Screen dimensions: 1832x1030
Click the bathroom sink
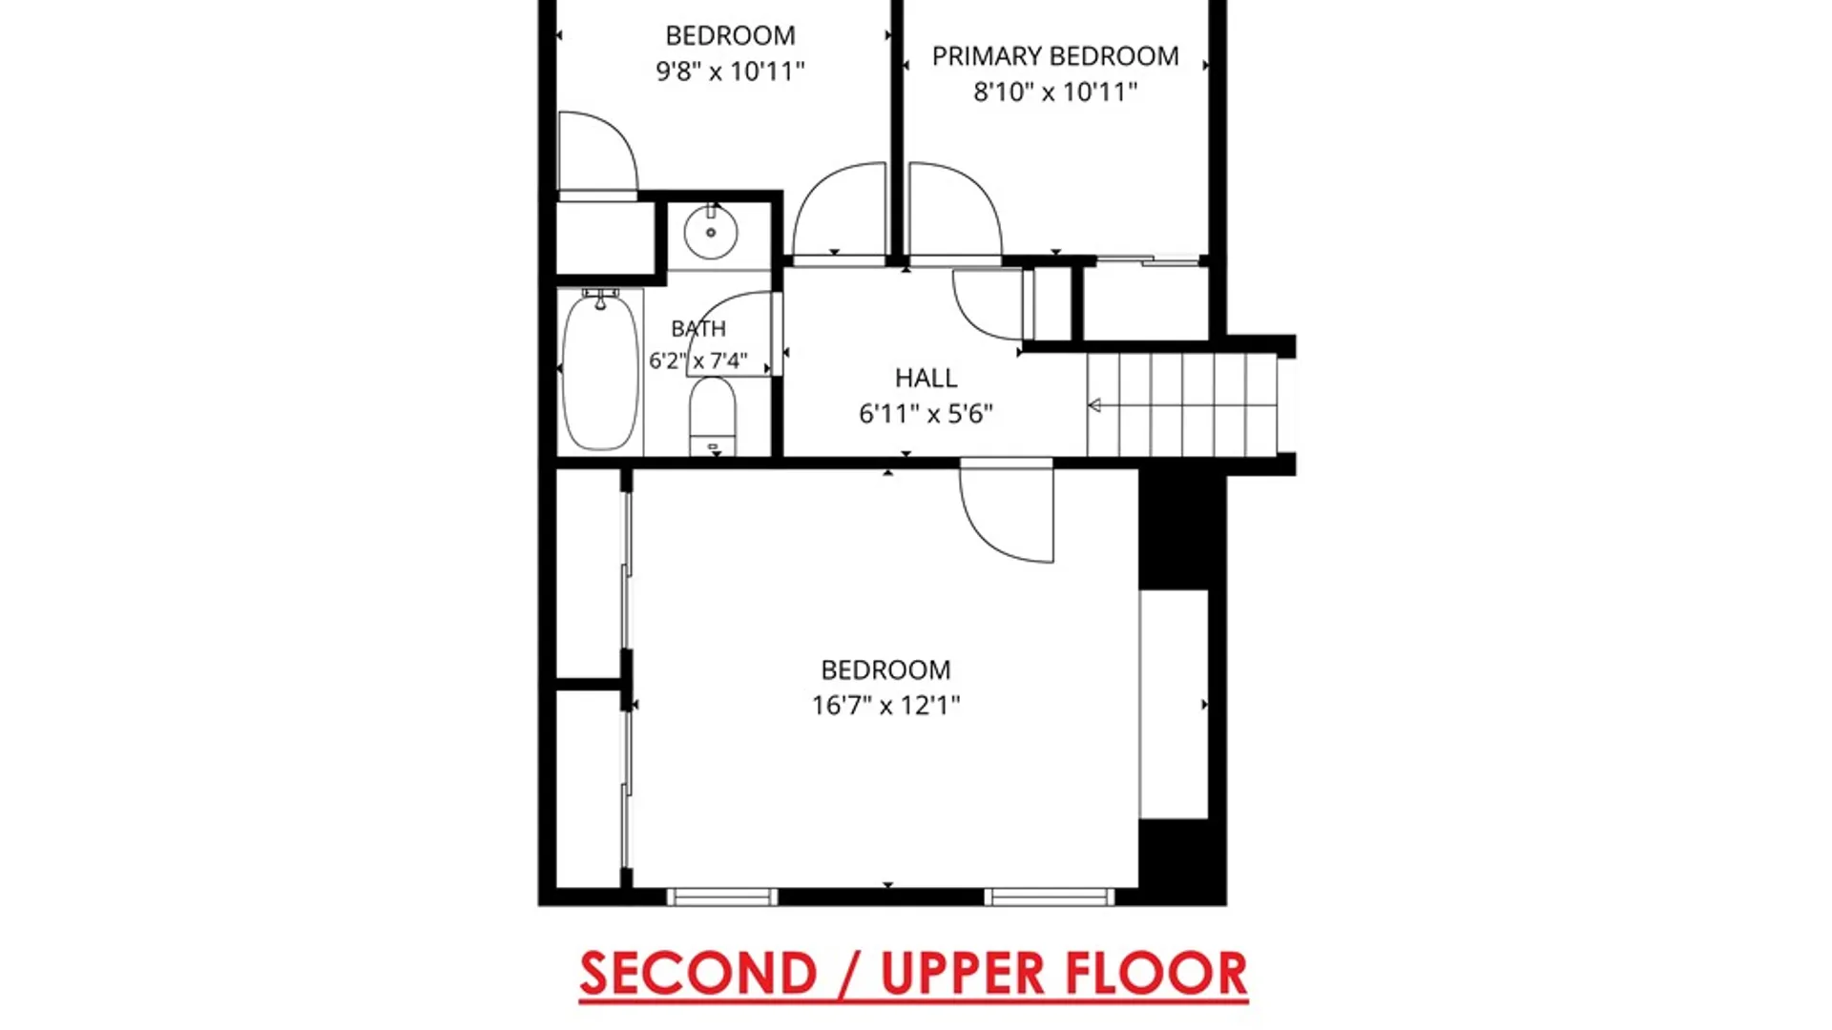tap(711, 231)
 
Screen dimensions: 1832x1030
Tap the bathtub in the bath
tap(600, 372)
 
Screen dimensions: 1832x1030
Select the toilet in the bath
tap(712, 416)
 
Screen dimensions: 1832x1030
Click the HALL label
tap(926, 378)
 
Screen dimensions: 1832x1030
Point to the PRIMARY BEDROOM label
tap(1055, 56)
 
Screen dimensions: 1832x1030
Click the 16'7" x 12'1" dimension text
tap(885, 705)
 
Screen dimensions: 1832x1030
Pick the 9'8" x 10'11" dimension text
tap(730, 71)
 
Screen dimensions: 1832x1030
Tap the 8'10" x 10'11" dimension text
tap(1055, 92)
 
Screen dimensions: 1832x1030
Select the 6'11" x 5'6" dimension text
tap(926, 413)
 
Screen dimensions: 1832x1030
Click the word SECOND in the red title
tap(698, 974)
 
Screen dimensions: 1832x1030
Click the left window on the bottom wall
tap(722, 896)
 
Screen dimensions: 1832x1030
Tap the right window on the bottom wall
tap(1050, 896)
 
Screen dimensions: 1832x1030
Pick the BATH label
tap(698, 329)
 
